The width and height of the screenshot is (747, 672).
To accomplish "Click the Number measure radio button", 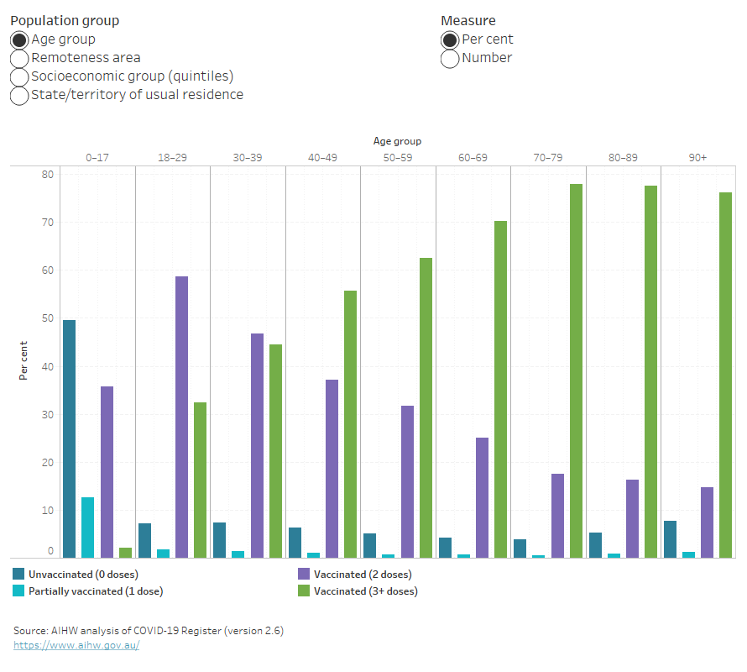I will coord(450,59).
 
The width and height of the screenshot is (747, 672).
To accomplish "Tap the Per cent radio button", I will coord(450,39).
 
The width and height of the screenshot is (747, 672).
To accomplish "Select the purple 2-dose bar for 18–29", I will coord(181,417).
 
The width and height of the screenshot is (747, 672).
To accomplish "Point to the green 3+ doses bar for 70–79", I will coord(576,370).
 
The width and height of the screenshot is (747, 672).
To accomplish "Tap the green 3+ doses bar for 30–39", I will coord(275,450).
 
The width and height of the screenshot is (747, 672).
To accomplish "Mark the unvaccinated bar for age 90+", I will coord(670,539).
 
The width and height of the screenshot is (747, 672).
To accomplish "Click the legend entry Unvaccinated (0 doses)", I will coord(76,575).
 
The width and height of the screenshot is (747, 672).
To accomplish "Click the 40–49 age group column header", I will coord(322,157).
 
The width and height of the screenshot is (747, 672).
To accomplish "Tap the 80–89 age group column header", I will coord(623,157).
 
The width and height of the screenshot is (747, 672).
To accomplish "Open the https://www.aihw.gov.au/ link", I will coord(76,645).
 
